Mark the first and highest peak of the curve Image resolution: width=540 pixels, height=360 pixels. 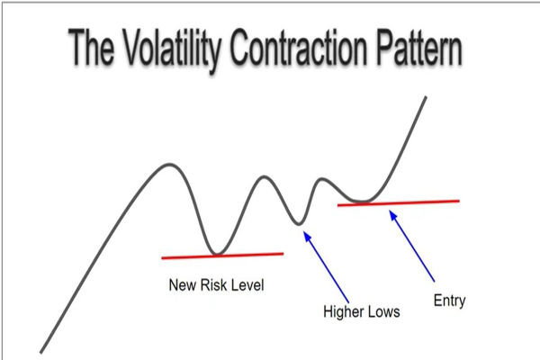[168, 165]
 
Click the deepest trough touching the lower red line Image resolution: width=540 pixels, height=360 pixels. [213, 253]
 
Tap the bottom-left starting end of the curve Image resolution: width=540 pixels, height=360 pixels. [41, 350]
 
